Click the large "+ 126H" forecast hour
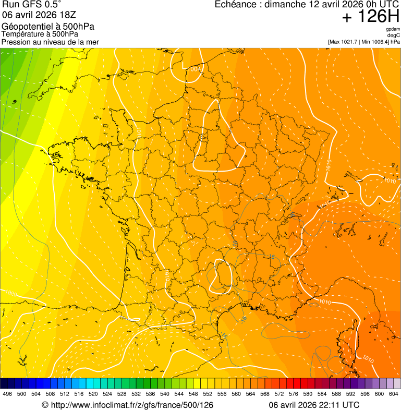pos(371,17)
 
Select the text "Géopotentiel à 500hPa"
pos(48,27)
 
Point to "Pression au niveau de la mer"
pos(50,42)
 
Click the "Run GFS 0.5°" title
pos(32,5)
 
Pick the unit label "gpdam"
pos(393,29)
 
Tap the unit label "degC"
pos(394,35)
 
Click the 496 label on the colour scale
pos(7,394)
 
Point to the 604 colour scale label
pos(394,394)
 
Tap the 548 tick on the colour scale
pos(193,394)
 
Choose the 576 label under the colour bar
pos(294,394)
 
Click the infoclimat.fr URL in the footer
pos(132,405)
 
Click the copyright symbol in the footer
pos(45,405)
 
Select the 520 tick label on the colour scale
pos(93,394)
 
